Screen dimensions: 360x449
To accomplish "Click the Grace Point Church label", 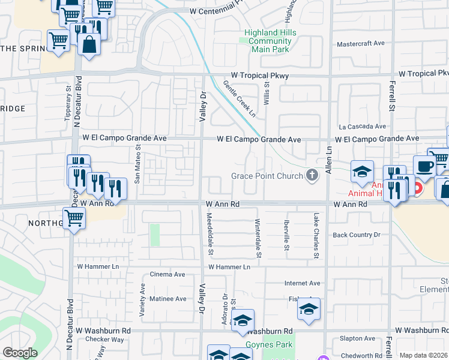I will (x=267, y=176).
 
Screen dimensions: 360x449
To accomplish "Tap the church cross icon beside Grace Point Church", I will (x=312, y=176).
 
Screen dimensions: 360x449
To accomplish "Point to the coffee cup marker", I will (x=424, y=166).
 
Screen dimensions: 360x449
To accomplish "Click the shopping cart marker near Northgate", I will (x=74, y=218).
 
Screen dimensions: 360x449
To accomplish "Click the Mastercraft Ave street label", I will (x=361, y=44).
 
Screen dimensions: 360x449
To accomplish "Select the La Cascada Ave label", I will (x=362, y=127).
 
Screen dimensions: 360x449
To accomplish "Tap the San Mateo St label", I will (x=137, y=166).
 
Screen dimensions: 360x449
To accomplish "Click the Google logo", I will (x=20, y=353).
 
